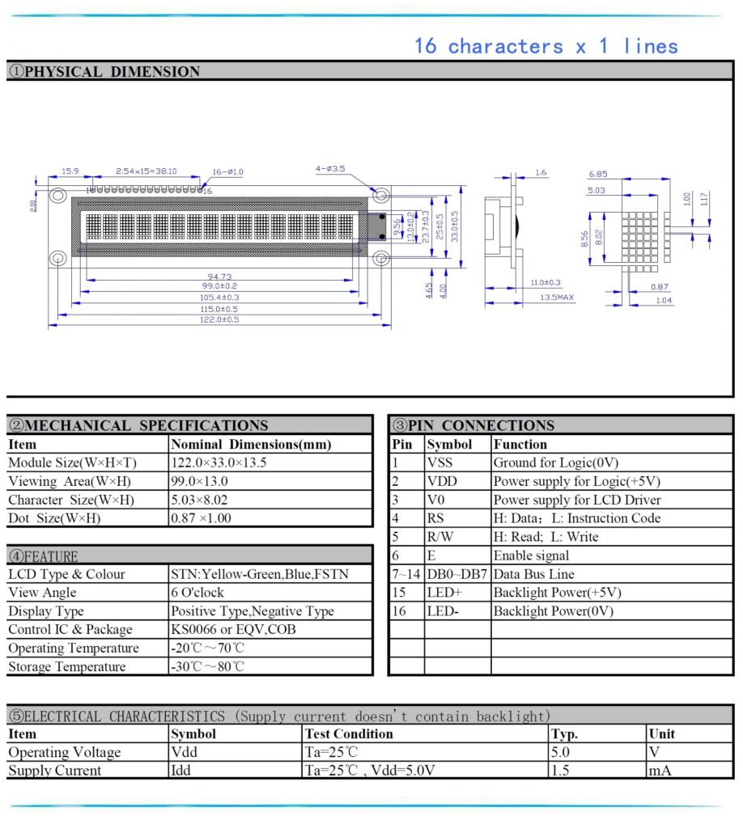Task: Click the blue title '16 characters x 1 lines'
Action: pos(546,46)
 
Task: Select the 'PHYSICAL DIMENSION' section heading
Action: pos(104,71)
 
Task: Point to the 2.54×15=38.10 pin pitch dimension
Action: pos(146,171)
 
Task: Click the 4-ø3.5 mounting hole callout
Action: pos(330,169)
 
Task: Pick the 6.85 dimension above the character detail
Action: pos(599,174)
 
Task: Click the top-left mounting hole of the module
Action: pos(57,196)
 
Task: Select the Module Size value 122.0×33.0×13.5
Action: pos(219,463)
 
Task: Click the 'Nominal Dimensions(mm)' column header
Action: pos(252,444)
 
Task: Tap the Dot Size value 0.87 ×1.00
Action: pos(201,518)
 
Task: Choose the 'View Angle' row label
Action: pos(42,593)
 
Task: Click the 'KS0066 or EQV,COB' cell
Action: pos(232,629)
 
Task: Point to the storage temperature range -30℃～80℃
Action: pos(207,667)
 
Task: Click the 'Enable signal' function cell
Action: pos(531,556)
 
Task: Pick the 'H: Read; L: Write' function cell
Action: pos(546,537)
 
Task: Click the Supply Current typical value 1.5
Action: pos(560,771)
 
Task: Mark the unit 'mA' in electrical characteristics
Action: pos(660,771)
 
